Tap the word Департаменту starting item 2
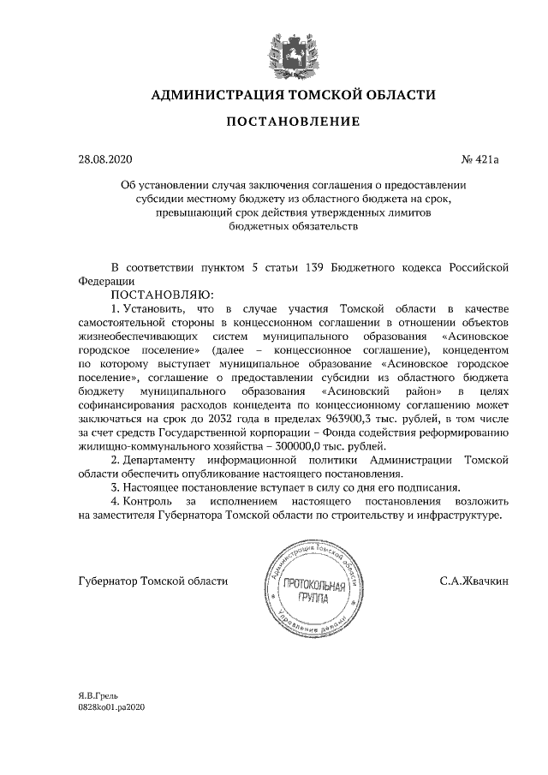tap(169, 460)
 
